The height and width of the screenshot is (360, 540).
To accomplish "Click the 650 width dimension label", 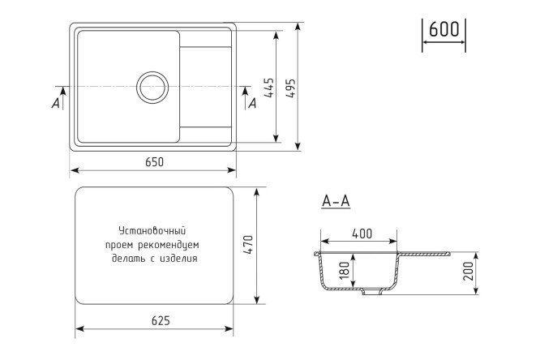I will (155, 161).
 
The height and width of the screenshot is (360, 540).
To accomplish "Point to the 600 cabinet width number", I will (444, 30).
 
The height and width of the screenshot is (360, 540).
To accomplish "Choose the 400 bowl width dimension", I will (362, 234).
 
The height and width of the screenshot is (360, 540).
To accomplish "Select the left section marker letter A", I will (55, 103).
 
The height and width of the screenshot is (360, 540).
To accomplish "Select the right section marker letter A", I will (252, 103).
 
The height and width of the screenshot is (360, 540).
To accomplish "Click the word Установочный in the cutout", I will (152, 230).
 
